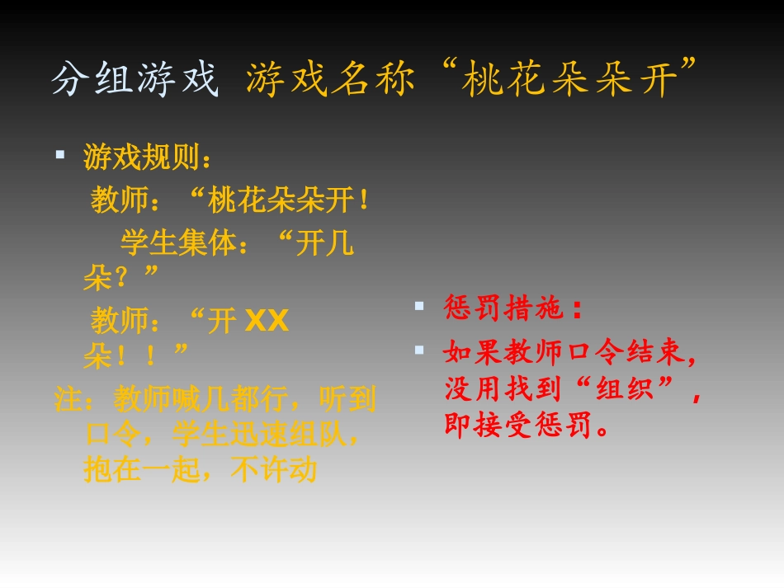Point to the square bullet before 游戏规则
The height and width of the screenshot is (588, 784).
tap(59, 154)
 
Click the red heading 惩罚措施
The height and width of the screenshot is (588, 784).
tap(503, 308)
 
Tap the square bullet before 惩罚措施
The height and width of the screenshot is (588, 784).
tap(419, 306)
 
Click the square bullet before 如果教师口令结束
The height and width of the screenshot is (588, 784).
tap(419, 350)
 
